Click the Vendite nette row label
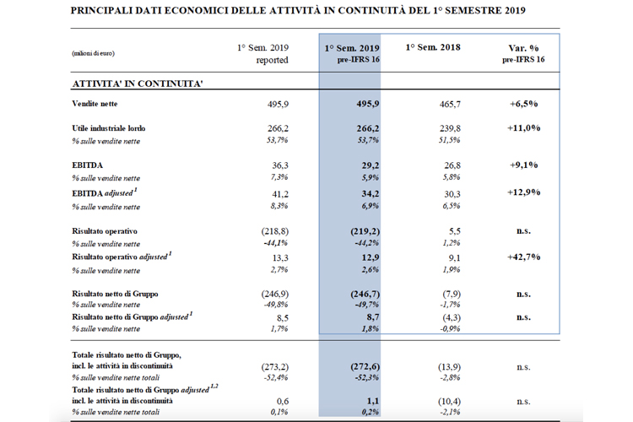(x=95, y=104)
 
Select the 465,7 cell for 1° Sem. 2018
(x=450, y=104)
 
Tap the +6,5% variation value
(x=523, y=104)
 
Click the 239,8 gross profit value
(x=450, y=128)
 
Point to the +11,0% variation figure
(x=523, y=128)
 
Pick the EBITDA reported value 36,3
(x=280, y=165)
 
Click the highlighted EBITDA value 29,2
(x=371, y=165)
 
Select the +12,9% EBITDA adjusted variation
(x=523, y=192)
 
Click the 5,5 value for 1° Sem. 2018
(x=455, y=231)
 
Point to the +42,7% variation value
(x=523, y=257)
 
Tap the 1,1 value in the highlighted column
(x=373, y=401)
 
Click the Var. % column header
(x=523, y=48)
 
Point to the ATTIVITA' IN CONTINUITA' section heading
(x=138, y=84)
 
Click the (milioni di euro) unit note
(x=93, y=53)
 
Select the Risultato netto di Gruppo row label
(x=115, y=294)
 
